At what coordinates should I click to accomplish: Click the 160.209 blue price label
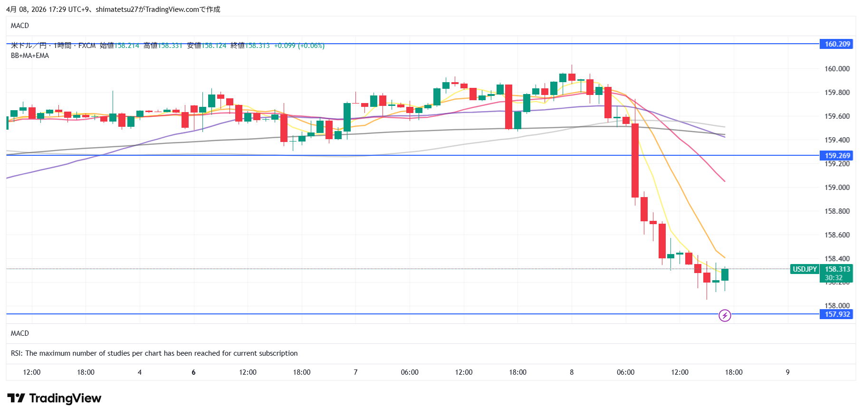(836, 44)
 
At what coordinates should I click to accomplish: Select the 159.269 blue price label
(836, 155)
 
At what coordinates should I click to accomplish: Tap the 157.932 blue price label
(836, 314)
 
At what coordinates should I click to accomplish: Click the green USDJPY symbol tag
(805, 269)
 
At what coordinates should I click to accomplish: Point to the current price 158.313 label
(837, 269)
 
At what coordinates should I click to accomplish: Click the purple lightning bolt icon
(725, 315)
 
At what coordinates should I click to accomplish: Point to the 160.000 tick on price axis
(837, 69)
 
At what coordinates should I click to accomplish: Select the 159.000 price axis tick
(837, 188)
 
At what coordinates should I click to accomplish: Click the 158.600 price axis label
(837, 235)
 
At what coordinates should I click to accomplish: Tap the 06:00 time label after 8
(625, 372)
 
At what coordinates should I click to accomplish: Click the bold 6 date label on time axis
(193, 372)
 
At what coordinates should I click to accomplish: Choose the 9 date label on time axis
(787, 372)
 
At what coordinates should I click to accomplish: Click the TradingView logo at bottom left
(54, 398)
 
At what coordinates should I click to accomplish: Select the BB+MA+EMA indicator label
(30, 56)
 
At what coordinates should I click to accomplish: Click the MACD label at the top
(20, 26)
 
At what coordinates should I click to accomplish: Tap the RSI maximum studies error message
(154, 353)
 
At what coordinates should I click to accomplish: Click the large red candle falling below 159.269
(635, 160)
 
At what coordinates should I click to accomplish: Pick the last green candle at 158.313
(725, 274)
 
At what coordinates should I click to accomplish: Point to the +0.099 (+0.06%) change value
(299, 46)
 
